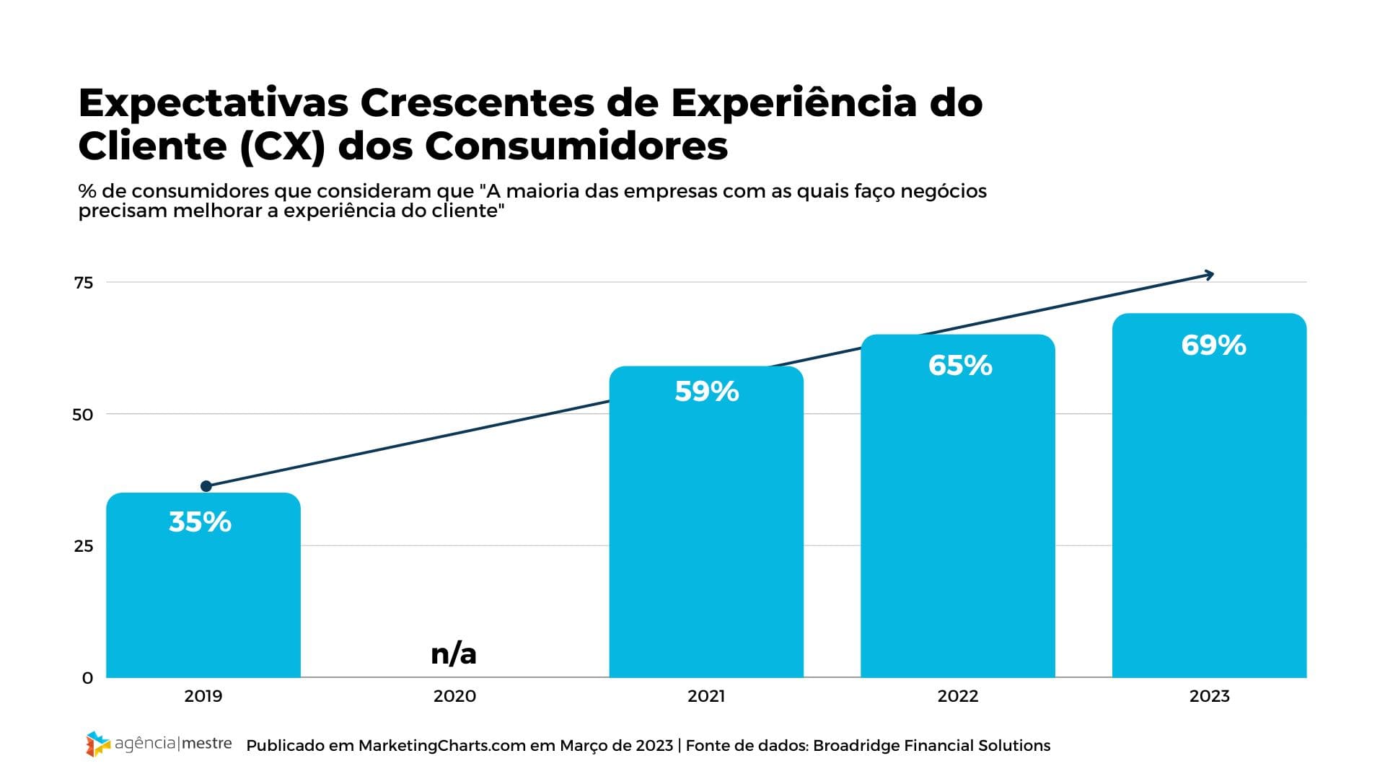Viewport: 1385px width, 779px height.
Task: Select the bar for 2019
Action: coord(203,599)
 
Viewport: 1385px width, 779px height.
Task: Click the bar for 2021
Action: coord(706,541)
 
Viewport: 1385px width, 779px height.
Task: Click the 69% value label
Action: coord(1213,346)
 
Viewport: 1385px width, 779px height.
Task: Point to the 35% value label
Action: coord(200,522)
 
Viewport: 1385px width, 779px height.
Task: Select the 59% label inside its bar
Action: coord(707,392)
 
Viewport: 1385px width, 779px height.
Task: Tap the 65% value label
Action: coord(960,366)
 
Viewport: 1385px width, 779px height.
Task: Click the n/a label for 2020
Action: coord(454,653)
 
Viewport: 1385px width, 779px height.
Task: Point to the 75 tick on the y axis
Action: coord(84,283)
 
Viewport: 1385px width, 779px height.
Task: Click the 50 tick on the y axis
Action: coord(84,415)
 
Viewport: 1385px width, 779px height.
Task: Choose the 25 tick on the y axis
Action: coord(84,546)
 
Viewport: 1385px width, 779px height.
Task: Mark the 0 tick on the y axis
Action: coord(88,678)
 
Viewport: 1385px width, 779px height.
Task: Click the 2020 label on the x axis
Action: coord(454,696)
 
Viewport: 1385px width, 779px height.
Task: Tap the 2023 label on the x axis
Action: coord(1209,696)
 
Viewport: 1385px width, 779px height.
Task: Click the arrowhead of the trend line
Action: coord(1210,274)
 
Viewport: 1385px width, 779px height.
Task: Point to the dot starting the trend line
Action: coord(206,486)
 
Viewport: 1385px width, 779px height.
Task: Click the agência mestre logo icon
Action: coord(98,744)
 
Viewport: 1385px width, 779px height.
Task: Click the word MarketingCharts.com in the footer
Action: coord(442,746)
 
